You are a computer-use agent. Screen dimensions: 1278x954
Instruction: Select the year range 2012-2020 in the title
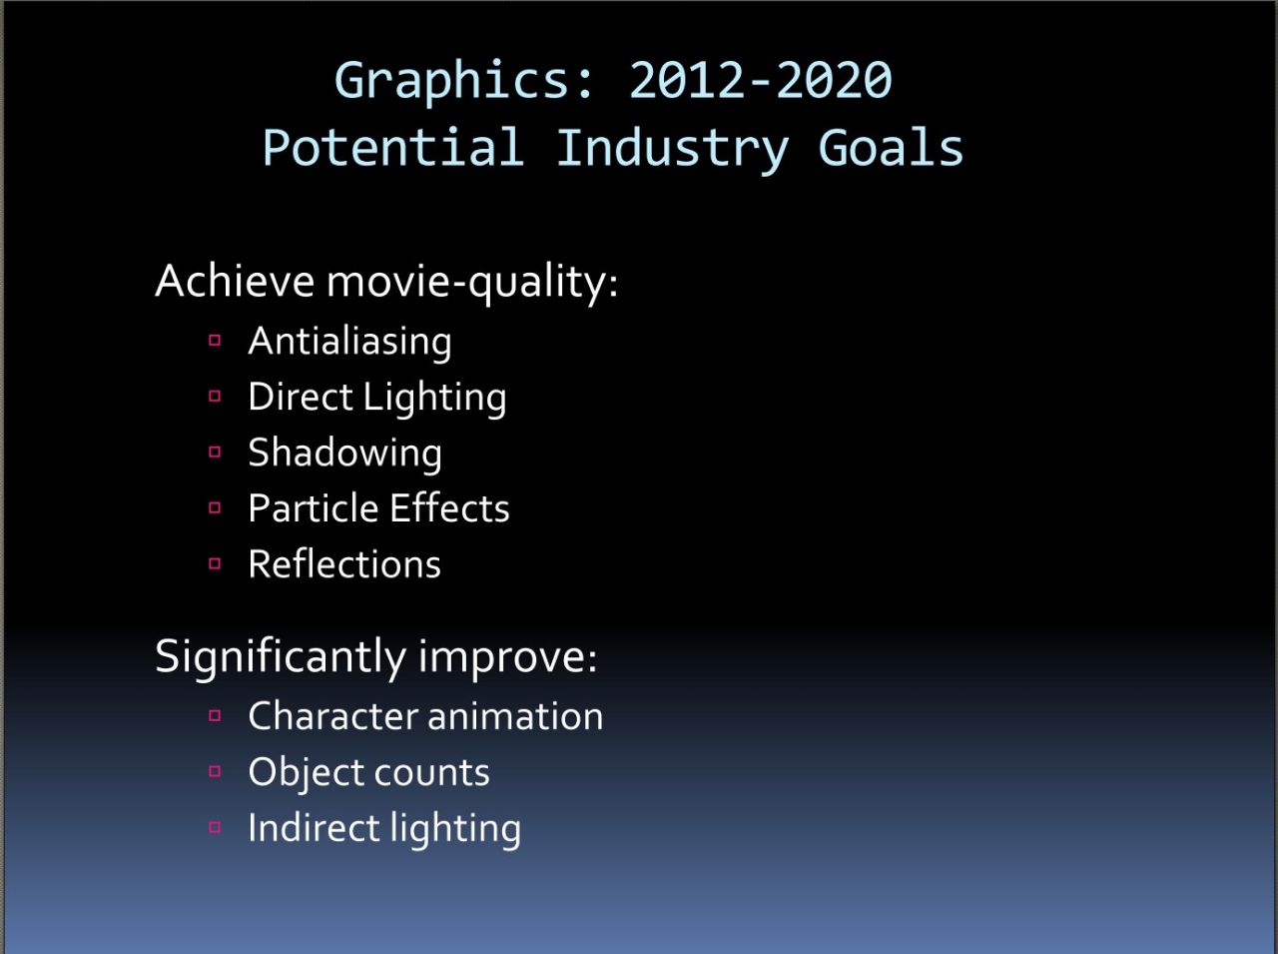[761, 79]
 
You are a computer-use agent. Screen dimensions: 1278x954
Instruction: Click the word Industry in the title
[673, 150]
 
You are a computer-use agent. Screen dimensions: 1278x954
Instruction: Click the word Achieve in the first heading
[236, 281]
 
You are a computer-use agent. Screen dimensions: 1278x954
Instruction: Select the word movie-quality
[471, 284]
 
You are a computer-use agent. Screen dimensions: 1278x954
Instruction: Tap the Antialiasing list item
[349, 342]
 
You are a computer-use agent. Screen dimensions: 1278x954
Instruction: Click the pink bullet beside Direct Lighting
[215, 396]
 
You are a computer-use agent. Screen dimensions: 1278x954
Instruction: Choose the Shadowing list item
[345, 454]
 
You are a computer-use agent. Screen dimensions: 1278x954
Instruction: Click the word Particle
[314, 507]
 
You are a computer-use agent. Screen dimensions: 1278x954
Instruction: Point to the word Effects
[449, 507]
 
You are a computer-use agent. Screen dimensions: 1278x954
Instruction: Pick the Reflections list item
[344, 563]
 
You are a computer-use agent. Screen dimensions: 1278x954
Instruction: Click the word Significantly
[281, 658]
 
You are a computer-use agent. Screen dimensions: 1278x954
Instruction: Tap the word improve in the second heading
[507, 658]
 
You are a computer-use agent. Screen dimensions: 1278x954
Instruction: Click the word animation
[516, 716]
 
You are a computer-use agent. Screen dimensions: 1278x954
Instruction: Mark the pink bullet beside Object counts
[215, 771]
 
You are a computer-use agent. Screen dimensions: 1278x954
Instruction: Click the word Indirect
[314, 827]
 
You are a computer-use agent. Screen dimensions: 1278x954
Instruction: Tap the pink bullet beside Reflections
[215, 563]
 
